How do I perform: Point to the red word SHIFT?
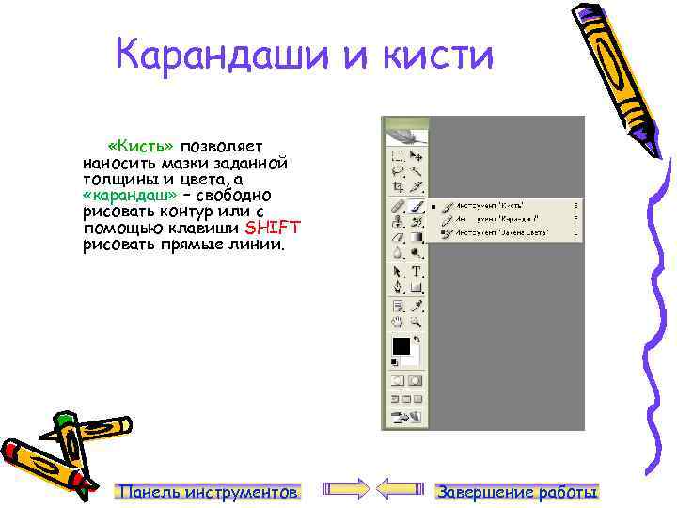[x=273, y=228]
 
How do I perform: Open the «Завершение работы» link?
[x=518, y=492]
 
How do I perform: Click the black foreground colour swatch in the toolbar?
[x=401, y=344]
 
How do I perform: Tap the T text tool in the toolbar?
[x=416, y=270]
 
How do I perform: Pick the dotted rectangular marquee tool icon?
[x=398, y=155]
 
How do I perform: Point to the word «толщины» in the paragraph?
[x=114, y=179]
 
